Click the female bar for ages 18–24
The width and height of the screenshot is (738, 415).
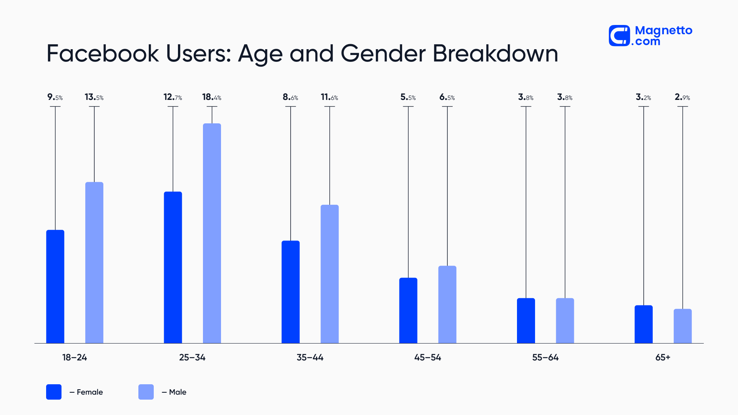55,286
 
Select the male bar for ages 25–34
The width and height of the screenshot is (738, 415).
212,233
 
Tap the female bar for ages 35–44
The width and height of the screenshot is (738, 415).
290,292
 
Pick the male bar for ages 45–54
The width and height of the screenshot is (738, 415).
447,304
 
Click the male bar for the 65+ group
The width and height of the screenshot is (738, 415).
682,326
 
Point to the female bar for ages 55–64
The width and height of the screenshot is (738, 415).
525,320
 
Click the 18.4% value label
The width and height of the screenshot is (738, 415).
212,97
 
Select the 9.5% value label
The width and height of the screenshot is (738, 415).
55,97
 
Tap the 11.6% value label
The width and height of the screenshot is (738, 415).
329,97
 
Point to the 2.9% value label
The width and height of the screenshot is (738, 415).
682,97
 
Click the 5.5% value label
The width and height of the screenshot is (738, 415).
408,97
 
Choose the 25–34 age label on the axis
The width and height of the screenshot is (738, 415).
192,357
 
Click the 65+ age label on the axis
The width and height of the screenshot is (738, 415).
663,357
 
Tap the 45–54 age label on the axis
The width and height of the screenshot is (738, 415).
427,357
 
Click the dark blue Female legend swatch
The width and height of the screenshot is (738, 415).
54,392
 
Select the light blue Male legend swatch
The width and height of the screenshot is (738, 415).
146,392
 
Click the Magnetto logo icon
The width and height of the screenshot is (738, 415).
619,36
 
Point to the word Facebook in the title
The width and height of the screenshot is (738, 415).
102,54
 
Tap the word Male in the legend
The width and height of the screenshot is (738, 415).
178,392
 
